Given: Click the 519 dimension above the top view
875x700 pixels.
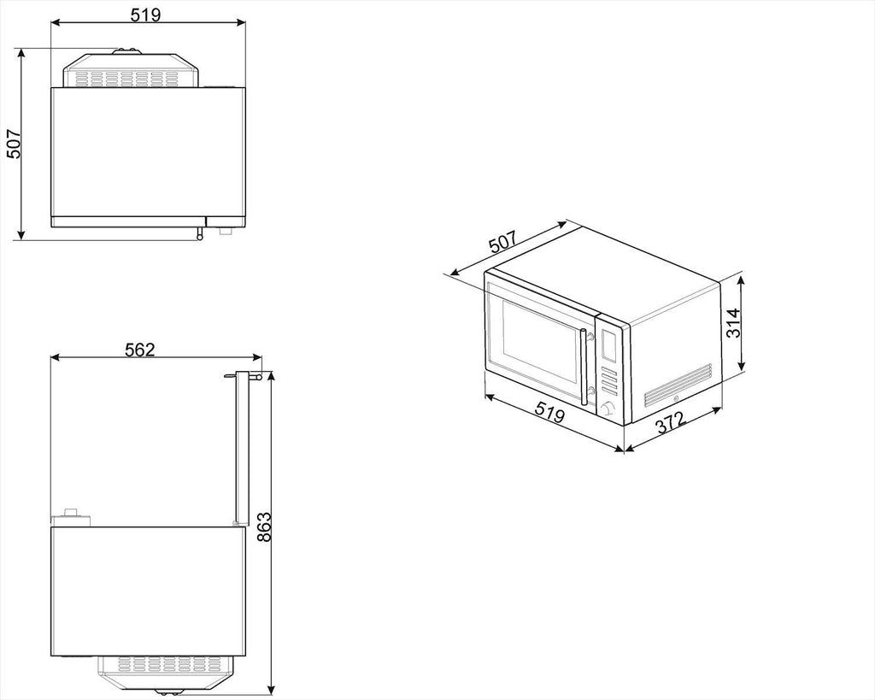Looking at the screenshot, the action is tap(145, 15).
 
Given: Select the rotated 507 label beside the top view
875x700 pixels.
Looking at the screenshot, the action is tap(14, 144).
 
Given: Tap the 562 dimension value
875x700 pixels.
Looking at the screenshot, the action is tap(139, 350).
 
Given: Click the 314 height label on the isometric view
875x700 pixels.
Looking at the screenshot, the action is tap(732, 322).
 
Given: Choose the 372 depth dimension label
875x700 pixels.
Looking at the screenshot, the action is tap(670, 422).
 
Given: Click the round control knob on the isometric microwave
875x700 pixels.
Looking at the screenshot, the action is tap(608, 409).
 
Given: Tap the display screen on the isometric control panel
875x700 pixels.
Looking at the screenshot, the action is tap(608, 344).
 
